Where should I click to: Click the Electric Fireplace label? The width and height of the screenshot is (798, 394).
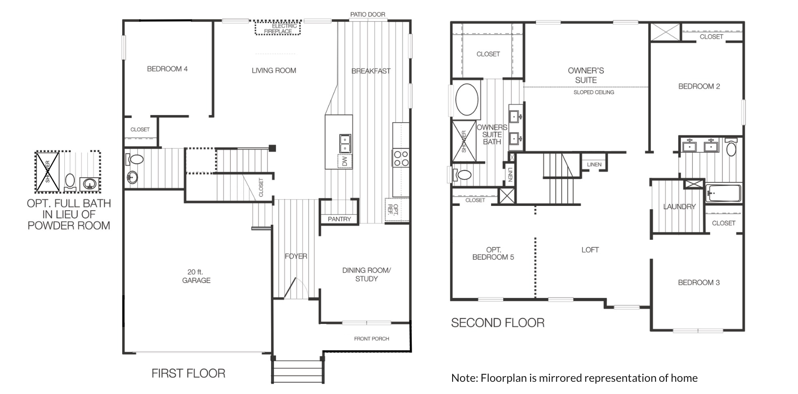pos(281,29)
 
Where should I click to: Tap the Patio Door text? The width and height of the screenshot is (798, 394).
pos(368,15)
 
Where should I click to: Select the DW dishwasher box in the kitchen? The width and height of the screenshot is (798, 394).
pos(344,161)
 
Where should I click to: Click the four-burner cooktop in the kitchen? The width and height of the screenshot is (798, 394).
pos(401,158)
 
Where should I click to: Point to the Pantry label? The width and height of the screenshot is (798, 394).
pos(339,219)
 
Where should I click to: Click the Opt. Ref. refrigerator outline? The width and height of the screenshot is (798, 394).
pos(397,210)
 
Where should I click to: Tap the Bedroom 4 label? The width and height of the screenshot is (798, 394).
pos(167,69)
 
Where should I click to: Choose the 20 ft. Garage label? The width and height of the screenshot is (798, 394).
pos(196,276)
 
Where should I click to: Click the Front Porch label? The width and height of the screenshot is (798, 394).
pos(372,339)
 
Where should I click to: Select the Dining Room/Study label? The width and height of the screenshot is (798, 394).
pos(367,275)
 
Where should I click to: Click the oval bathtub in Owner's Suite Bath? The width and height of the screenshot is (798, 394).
pos(467,100)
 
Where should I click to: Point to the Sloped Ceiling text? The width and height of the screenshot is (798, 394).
pos(594,92)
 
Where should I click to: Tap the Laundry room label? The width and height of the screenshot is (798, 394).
pos(680,207)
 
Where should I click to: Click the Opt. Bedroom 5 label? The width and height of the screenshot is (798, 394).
pos(493,253)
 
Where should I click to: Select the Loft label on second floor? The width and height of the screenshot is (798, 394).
pos(590,250)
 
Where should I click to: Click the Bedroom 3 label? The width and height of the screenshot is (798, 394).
pos(699,283)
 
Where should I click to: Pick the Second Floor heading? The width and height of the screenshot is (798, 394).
pos(498,323)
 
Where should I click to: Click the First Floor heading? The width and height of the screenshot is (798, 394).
pos(188,374)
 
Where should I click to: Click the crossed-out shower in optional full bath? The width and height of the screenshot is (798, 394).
pos(47,172)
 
